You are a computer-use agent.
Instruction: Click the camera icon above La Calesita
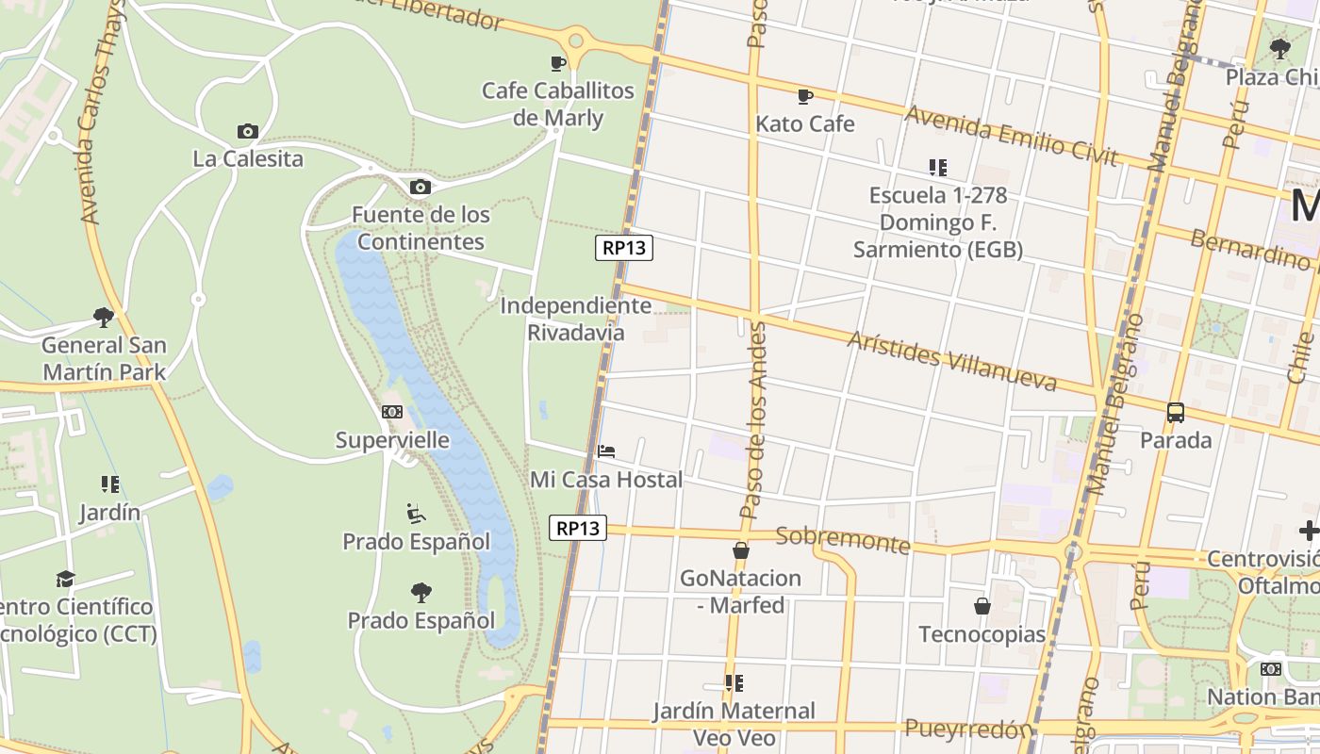(x=248, y=131)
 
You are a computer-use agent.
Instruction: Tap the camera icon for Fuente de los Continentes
(x=421, y=187)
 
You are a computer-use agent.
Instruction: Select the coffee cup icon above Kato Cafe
(x=805, y=96)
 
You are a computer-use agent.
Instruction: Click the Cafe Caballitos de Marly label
(x=558, y=105)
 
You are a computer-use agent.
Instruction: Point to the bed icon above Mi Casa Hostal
(x=606, y=451)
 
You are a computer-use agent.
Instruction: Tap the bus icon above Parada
(x=1176, y=412)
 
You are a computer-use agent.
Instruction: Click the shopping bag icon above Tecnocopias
(x=982, y=606)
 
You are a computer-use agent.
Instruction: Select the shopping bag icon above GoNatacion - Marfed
(x=741, y=550)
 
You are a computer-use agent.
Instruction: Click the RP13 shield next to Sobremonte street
(x=578, y=528)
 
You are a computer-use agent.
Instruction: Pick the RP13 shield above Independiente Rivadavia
(x=624, y=248)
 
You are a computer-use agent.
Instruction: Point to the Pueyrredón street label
(x=968, y=729)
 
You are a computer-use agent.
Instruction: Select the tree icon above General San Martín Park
(x=104, y=317)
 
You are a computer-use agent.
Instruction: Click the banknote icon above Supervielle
(x=392, y=412)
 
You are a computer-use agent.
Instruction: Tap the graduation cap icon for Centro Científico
(x=65, y=578)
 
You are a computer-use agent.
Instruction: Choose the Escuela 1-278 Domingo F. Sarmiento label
(x=938, y=222)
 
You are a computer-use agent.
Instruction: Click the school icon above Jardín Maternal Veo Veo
(x=734, y=682)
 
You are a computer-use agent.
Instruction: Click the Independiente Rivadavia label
(x=575, y=319)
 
